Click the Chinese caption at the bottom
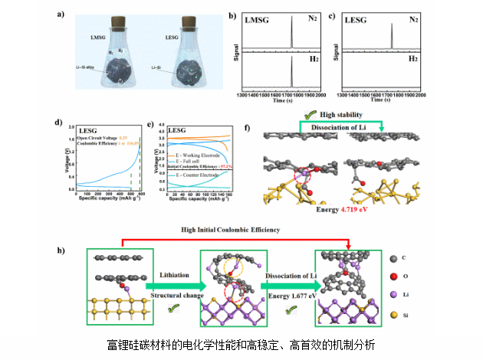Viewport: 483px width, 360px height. [242, 345]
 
